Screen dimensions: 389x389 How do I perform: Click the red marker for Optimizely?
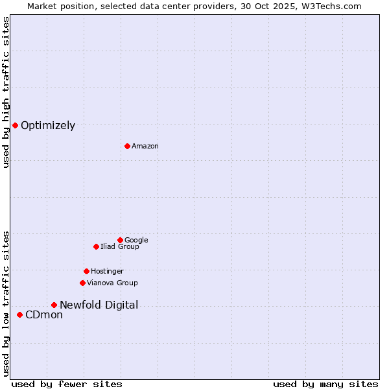point(15,125)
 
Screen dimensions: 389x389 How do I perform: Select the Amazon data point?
point(127,146)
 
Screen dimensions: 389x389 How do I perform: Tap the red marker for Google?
point(120,240)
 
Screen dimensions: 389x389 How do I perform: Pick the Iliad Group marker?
point(96,246)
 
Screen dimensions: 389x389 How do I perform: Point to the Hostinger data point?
point(86,271)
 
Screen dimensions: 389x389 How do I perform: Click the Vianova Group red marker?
point(82,283)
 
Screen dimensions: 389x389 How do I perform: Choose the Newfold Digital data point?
point(54,305)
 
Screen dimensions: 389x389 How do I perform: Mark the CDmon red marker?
point(19,314)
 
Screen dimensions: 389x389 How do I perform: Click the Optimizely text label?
point(48,126)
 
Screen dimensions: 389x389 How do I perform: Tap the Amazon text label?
point(145,147)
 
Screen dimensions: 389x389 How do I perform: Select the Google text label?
point(136,241)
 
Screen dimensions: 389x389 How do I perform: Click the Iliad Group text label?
point(120,247)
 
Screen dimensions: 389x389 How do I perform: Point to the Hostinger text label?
point(107,272)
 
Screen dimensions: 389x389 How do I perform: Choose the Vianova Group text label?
point(112,283)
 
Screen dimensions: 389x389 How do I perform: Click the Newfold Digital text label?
point(99,305)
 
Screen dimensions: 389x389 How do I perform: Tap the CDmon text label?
point(44,315)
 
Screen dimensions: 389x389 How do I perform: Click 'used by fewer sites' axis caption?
point(67,384)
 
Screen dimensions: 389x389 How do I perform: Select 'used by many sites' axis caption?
point(325,384)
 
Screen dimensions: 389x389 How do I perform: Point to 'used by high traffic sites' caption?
point(6,92)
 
